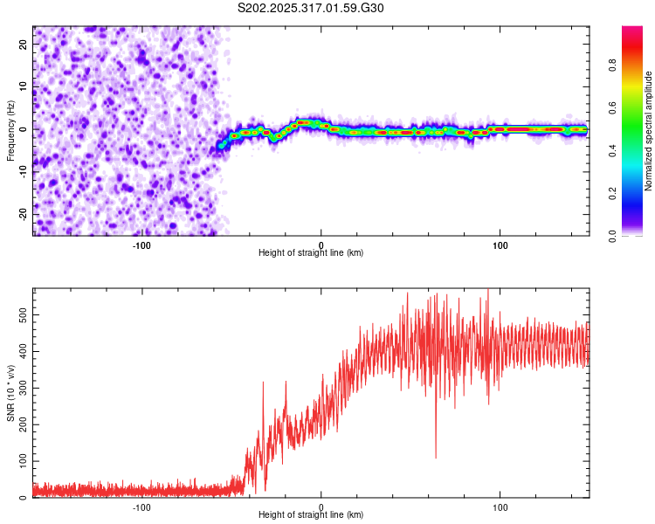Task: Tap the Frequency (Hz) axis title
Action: [10, 129]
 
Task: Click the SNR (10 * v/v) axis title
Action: [10, 393]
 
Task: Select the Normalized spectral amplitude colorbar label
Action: [649, 131]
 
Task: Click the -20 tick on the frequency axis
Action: [22, 214]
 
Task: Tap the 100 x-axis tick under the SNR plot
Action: [500, 507]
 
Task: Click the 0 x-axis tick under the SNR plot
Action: [321, 507]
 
